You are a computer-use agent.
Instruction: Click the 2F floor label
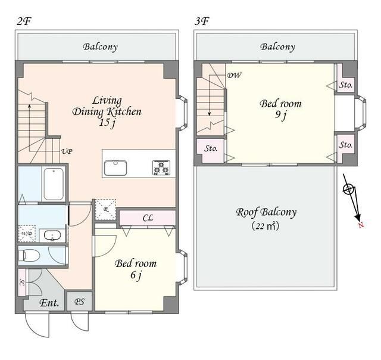coord(24,21)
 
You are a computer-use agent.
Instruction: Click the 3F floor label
coord(202,21)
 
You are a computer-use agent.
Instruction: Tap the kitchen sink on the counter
coord(115,167)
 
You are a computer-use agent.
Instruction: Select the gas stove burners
coord(161,167)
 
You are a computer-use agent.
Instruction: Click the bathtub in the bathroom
coord(54,184)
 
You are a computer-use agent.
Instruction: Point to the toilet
coord(29,256)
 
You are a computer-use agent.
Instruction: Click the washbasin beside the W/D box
coord(52,235)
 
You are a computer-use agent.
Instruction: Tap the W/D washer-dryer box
coord(27,234)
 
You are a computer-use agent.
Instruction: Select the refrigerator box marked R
coord(105,210)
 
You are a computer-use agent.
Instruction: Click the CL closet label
coord(148,218)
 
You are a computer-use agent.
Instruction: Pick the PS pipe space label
coord(79,302)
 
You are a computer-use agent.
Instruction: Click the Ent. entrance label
coord(49,303)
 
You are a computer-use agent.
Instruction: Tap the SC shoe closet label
coord(22,282)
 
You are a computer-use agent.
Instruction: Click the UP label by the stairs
coord(67,151)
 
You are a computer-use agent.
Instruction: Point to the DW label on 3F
coord(234,75)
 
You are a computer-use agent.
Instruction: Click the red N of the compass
coord(361,225)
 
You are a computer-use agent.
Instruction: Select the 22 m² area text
coord(266,226)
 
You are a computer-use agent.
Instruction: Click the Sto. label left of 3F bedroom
coord(211,148)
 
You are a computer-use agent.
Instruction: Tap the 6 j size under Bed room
coord(136,275)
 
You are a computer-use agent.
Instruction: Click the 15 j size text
coord(107,123)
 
